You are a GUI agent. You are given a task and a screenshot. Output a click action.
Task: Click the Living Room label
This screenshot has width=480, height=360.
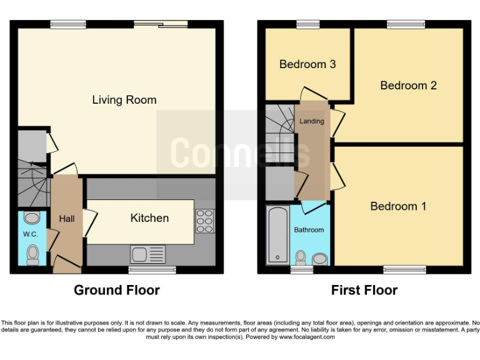tap(124, 100)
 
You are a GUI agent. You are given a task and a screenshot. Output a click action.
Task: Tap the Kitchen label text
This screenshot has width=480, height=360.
tap(149, 218)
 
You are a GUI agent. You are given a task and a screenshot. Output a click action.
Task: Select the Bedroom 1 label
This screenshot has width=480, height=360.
tap(398, 206)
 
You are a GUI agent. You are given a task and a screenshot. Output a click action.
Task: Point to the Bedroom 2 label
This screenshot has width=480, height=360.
tap(408, 86)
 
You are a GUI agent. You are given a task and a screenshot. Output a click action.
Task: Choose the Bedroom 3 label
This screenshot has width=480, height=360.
tap(307, 64)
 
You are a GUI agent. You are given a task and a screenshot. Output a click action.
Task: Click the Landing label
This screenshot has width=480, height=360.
tap(311, 121)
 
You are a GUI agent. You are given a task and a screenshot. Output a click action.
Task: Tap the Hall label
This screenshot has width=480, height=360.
tap(67, 219)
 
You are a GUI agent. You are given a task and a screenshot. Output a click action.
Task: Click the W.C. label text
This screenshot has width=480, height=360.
tap(31, 234)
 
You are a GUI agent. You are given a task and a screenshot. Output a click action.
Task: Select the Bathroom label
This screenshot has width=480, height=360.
tap(309, 230)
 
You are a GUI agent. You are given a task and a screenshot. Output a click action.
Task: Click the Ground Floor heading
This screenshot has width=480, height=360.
tap(117, 290)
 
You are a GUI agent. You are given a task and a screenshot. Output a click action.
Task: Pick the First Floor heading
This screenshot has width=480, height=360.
tap(364, 290)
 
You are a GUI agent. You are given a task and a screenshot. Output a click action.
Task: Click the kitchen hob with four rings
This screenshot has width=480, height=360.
tap(204, 221)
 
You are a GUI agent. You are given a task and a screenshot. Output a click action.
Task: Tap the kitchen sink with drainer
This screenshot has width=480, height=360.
tap(147, 254)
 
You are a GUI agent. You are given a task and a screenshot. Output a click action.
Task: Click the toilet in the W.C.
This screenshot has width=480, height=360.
tap(33, 255)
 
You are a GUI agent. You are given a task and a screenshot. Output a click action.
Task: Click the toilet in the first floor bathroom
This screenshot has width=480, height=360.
tap(301, 257)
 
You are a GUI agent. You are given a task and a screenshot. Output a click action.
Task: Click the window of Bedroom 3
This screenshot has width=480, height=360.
tap(307, 24)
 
